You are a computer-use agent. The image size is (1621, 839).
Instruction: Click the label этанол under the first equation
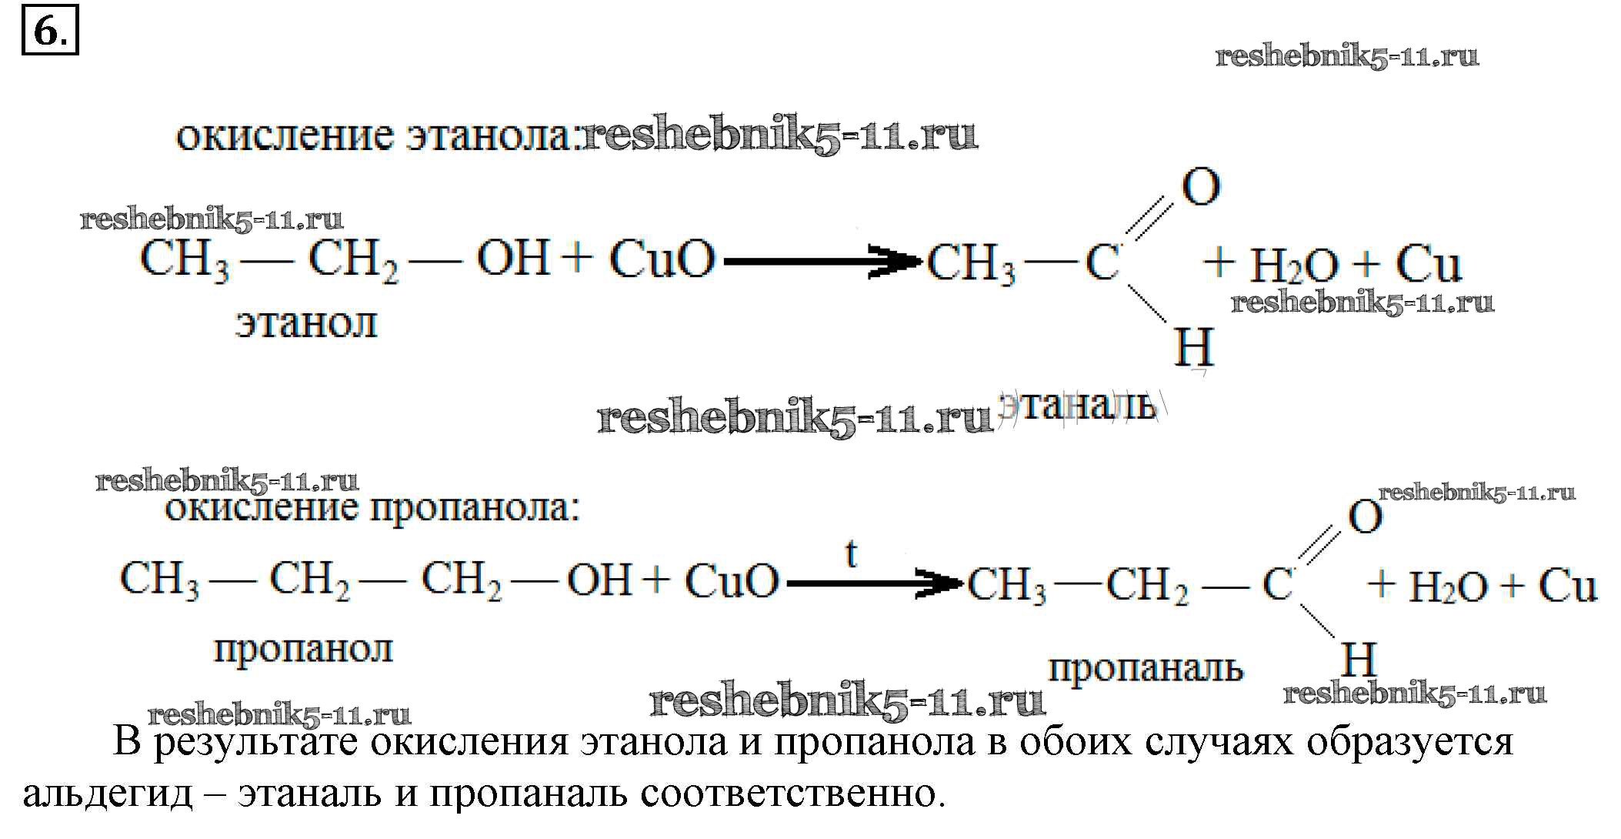[306, 323]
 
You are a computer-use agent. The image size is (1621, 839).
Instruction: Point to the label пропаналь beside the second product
[1146, 669]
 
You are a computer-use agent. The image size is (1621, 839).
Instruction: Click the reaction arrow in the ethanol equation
[823, 262]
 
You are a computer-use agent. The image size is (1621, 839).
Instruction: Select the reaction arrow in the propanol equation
[875, 583]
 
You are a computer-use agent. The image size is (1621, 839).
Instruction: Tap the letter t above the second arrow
[851, 554]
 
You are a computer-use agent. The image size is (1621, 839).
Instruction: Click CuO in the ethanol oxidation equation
[662, 259]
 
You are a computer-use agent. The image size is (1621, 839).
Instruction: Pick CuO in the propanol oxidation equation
[732, 580]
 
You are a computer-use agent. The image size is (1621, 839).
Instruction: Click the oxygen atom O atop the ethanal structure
[1200, 187]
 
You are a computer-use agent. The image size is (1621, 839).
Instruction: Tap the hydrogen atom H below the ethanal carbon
[1193, 347]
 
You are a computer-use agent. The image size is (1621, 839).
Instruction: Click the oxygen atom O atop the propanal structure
[1365, 518]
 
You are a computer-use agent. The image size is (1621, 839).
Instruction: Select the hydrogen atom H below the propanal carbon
[1359, 660]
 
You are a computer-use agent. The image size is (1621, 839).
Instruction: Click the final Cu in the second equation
[1568, 586]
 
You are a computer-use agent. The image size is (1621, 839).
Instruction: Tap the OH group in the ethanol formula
[514, 258]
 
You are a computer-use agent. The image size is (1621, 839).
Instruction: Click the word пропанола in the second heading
[475, 509]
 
